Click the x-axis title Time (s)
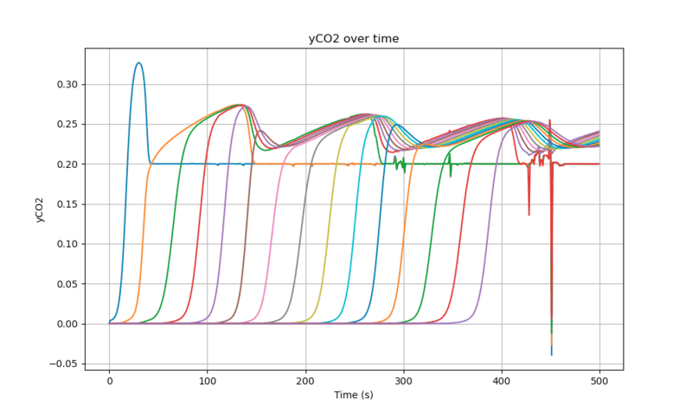click(354, 395)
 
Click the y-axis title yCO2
click(40, 210)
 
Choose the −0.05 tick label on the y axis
click(65, 364)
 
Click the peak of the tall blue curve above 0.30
click(138, 62)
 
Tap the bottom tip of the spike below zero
click(551, 355)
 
